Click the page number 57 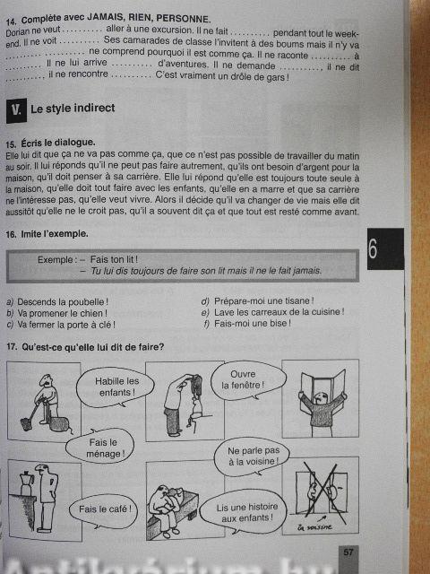[348, 552]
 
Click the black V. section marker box [16, 110]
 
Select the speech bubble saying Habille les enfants [116, 387]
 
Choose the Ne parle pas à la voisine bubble [253, 457]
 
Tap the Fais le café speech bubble [104, 510]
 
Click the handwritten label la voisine [314, 527]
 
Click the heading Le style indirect [73, 109]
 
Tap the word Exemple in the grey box [56, 260]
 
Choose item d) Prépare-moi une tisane [257, 301]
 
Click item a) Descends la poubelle [57, 302]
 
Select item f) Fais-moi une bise [247, 324]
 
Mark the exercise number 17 [12, 347]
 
